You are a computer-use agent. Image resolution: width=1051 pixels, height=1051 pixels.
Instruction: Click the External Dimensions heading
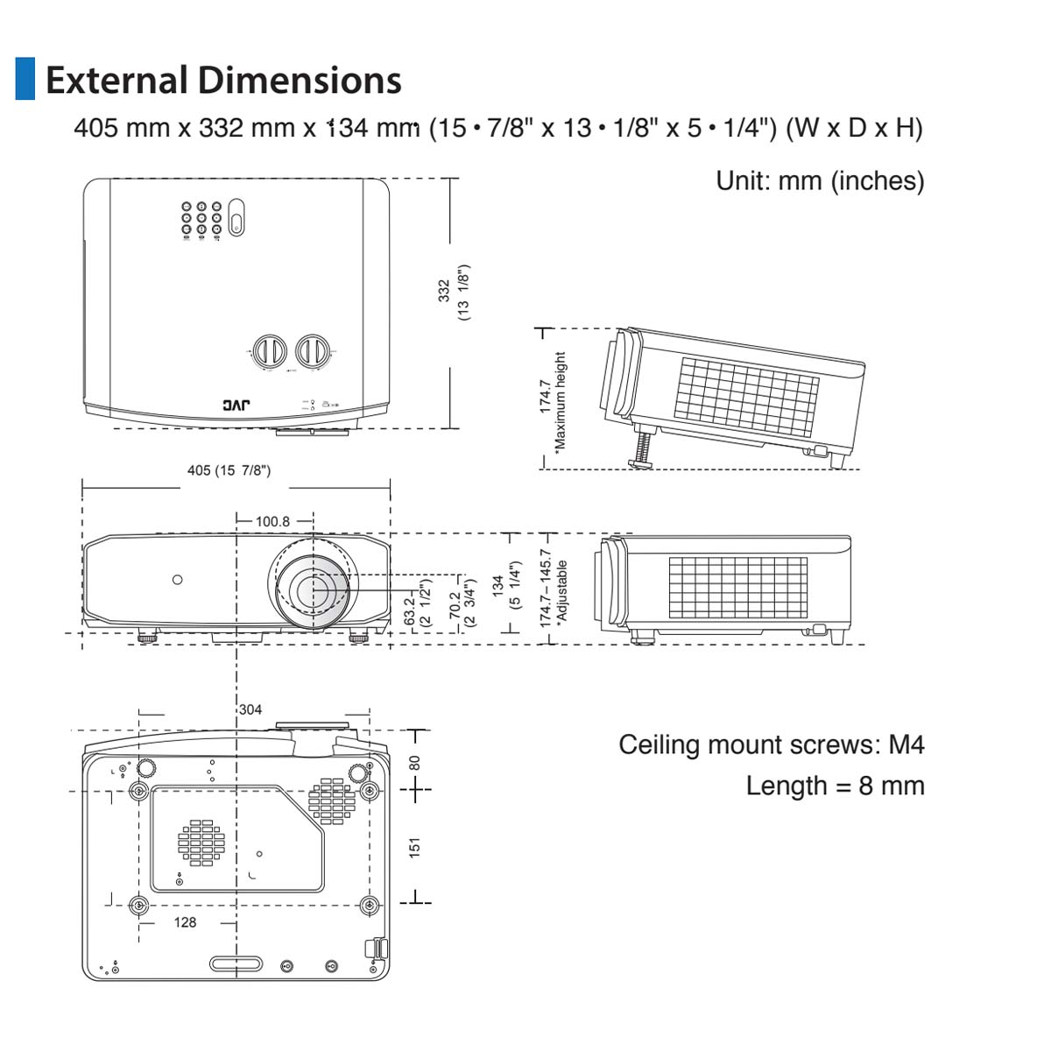[x=223, y=80]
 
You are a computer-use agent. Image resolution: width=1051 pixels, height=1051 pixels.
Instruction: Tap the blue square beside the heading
[x=25, y=79]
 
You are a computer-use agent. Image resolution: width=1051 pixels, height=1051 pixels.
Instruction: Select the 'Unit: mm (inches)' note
[x=820, y=180]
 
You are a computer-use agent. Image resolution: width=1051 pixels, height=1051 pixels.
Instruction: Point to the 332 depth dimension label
[x=444, y=291]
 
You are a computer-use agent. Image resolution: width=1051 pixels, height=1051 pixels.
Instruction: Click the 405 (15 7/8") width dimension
[x=229, y=470]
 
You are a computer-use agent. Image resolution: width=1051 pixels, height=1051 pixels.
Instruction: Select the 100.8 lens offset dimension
[x=272, y=521]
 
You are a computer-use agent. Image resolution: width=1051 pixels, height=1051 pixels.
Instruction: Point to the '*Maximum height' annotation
[x=561, y=401]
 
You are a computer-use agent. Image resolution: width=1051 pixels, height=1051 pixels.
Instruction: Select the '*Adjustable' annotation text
[x=562, y=590]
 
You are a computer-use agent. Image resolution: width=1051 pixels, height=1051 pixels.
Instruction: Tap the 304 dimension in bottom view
[x=250, y=709]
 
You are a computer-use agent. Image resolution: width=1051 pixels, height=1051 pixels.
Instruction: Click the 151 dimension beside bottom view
[x=415, y=847]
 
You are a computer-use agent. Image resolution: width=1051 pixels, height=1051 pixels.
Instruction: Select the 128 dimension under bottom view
[x=185, y=922]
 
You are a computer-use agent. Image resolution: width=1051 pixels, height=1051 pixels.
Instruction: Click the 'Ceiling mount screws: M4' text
[x=771, y=744]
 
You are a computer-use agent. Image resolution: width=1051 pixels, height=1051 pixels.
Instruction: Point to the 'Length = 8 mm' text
[x=835, y=786]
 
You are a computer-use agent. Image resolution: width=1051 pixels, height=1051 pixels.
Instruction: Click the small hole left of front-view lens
[x=178, y=579]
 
